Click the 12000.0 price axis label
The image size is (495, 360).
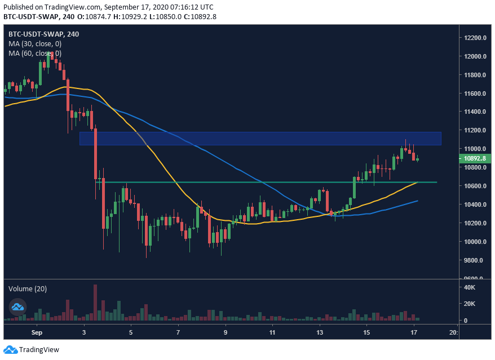tap(475, 57)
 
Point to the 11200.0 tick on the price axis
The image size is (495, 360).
tap(475, 131)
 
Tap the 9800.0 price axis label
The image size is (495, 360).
tap(475, 260)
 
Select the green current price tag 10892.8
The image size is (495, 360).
tap(474, 159)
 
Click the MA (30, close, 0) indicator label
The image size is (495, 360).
tap(35, 43)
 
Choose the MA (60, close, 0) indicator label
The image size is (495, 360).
tap(35, 53)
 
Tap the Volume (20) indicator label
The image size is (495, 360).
tap(27, 288)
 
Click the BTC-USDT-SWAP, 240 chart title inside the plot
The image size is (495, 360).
tap(43, 34)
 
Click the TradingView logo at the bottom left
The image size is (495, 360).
tap(32, 350)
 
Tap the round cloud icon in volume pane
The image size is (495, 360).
tap(17, 306)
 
